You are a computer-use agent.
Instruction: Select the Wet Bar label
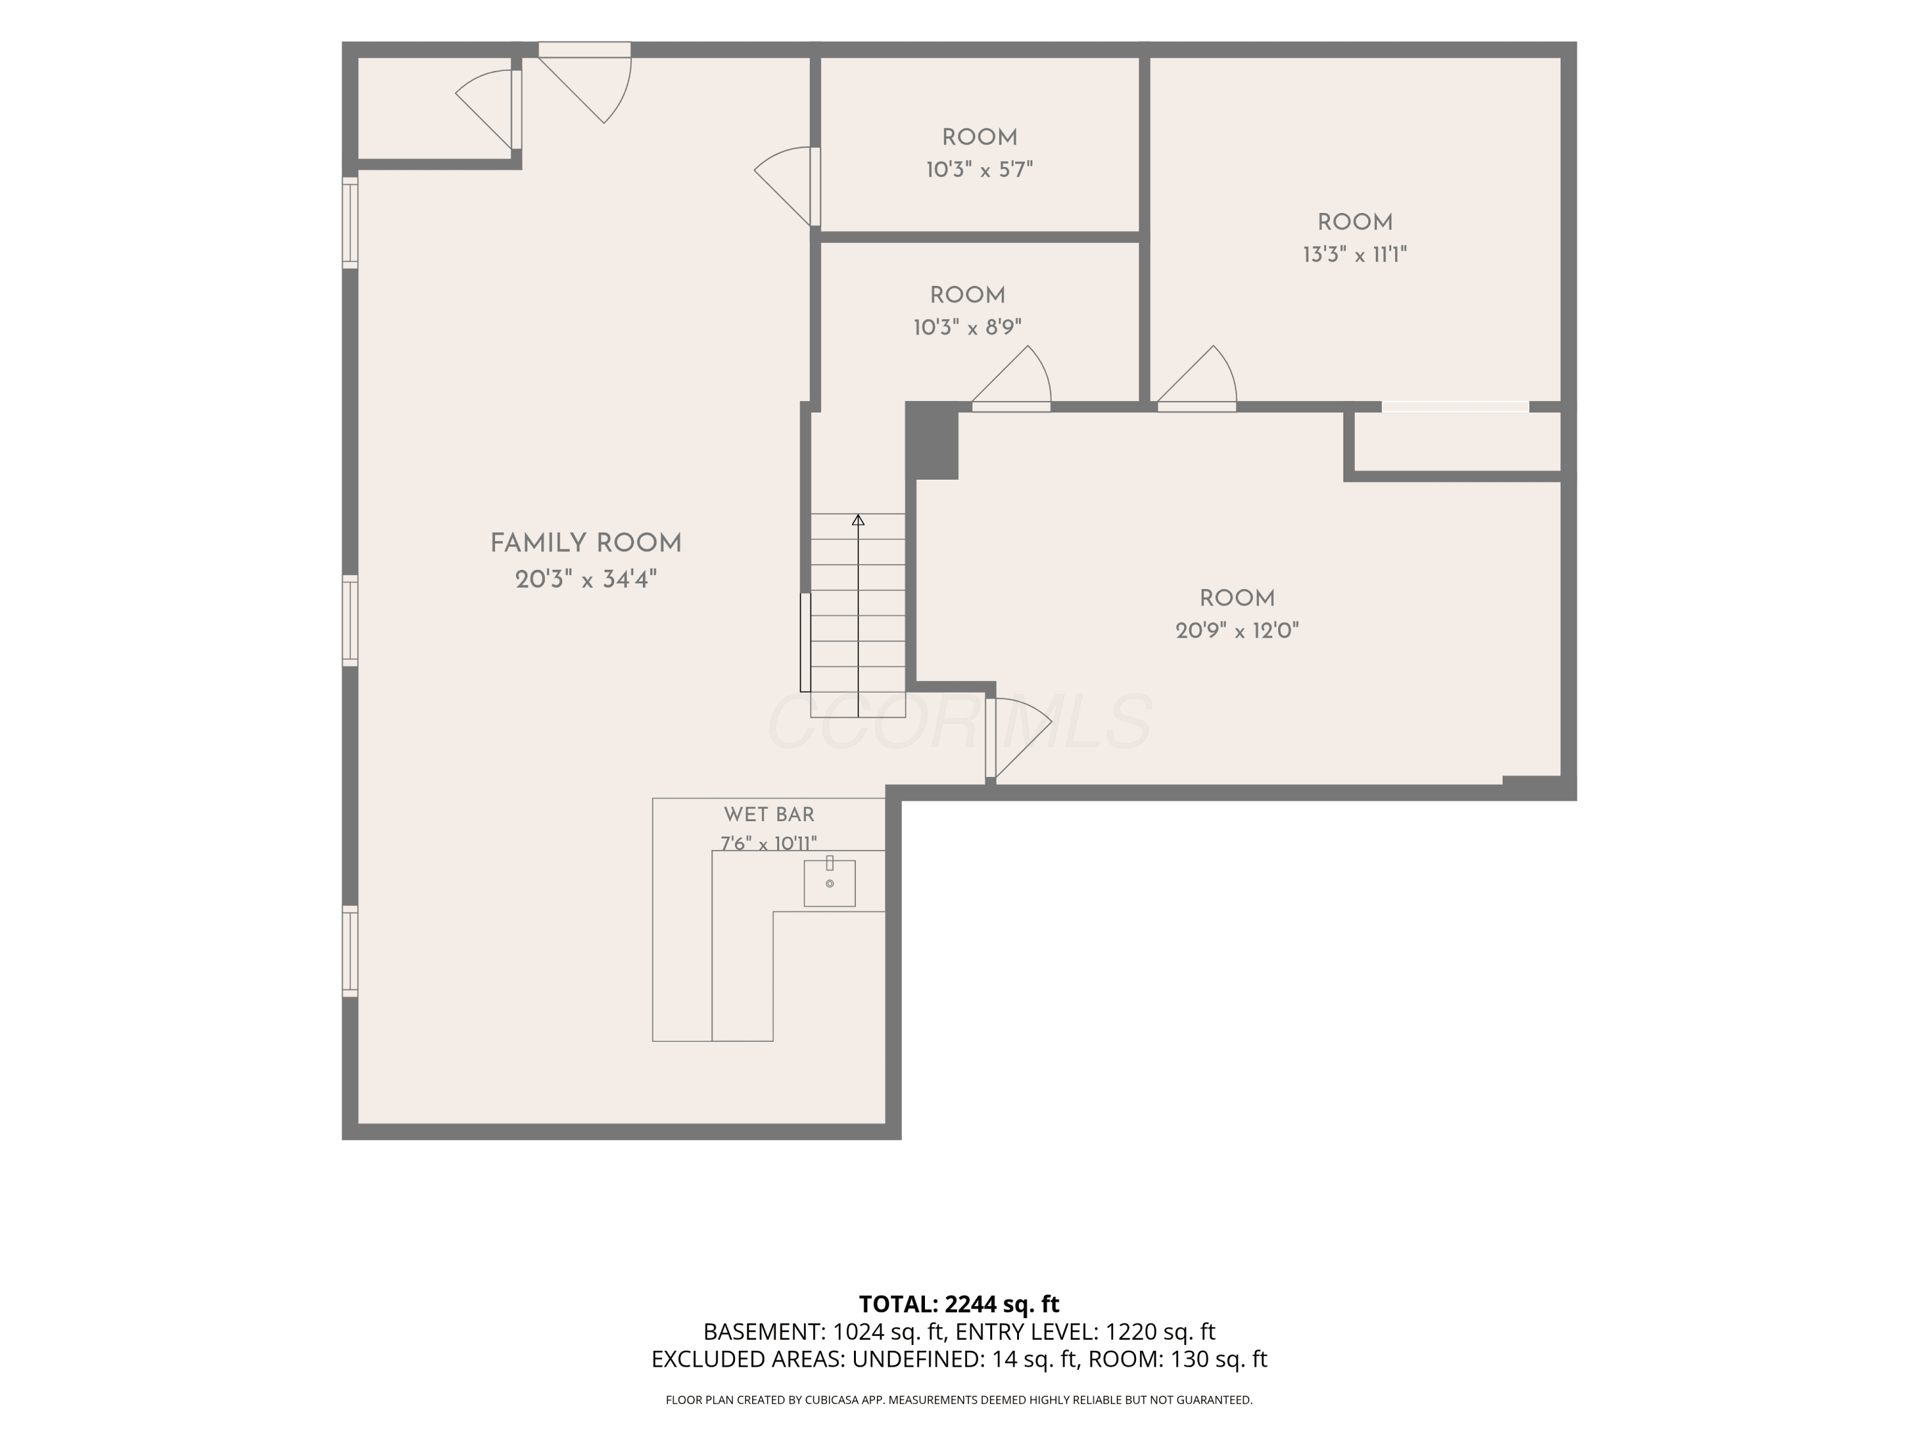pyautogui.click(x=770, y=815)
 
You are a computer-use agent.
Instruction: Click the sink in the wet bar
pyautogui.click(x=830, y=883)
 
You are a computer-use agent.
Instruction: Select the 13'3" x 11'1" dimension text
pyautogui.click(x=1354, y=255)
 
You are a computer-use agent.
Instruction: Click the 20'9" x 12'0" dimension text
pyautogui.click(x=1237, y=631)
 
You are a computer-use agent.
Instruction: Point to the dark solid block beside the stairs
pyautogui.click(x=932, y=441)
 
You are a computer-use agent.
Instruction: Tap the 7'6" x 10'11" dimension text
pyautogui.click(x=769, y=843)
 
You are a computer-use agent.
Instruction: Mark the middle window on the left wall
pyautogui.click(x=351, y=620)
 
